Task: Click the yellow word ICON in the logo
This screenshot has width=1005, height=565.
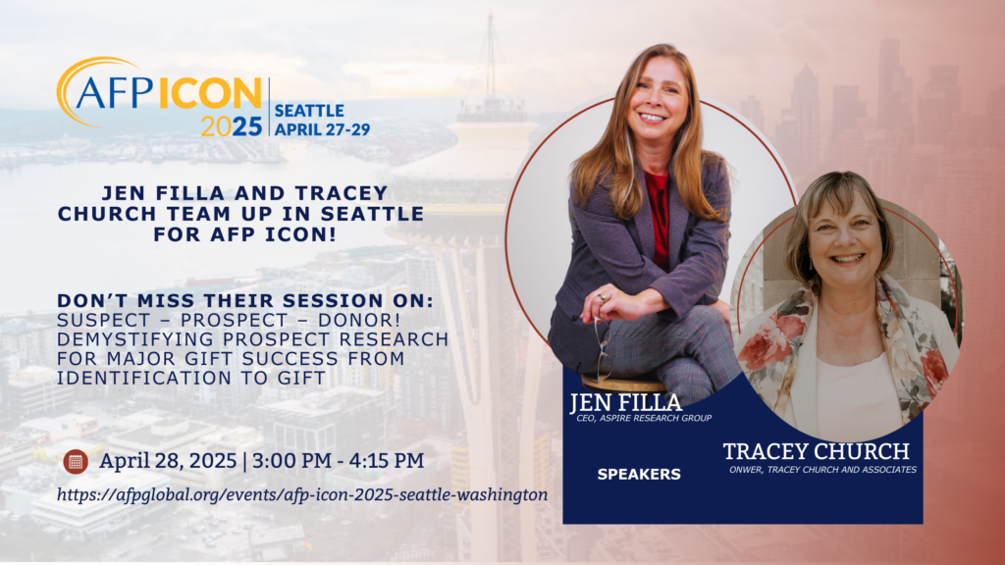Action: click(x=210, y=93)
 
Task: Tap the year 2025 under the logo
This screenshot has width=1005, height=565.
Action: click(x=232, y=127)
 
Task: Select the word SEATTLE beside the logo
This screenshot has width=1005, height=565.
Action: click(x=309, y=111)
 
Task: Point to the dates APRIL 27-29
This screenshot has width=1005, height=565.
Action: click(x=322, y=129)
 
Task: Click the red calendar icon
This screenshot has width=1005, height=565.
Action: click(x=76, y=461)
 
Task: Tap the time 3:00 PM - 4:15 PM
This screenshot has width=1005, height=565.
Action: click(x=338, y=461)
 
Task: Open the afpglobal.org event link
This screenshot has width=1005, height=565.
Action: click(x=302, y=495)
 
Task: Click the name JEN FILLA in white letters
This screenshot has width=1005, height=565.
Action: click(x=625, y=402)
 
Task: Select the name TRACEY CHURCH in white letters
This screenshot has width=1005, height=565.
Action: click(x=816, y=451)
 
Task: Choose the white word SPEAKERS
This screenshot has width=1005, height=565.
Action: click(x=639, y=475)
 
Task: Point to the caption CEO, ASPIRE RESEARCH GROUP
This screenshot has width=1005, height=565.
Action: click(x=644, y=418)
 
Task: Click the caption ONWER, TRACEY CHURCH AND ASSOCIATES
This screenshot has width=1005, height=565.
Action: click(x=822, y=470)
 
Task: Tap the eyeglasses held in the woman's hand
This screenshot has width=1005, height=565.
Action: click(x=602, y=349)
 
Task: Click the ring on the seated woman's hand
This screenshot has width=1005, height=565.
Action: click(x=602, y=297)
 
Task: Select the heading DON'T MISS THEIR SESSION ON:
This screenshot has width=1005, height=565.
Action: click(x=244, y=300)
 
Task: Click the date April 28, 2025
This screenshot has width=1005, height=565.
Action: click(x=168, y=461)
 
